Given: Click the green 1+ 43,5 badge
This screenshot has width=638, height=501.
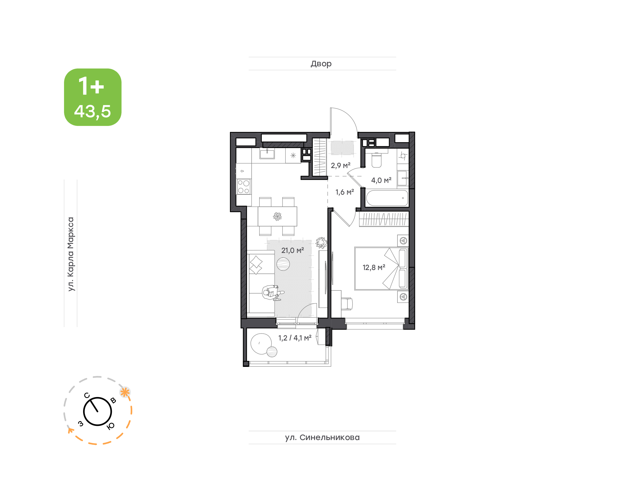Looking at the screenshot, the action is [x=93, y=97].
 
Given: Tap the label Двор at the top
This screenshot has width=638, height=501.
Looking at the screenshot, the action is [x=321, y=64].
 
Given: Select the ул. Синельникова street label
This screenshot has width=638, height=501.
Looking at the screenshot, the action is [x=322, y=437].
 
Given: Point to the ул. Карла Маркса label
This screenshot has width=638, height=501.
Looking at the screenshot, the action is [x=71, y=254].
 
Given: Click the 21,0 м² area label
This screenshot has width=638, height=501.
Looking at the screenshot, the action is [x=292, y=250].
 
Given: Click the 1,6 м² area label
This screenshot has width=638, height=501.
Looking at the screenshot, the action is [x=345, y=192].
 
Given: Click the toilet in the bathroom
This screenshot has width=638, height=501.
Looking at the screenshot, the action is [x=376, y=160].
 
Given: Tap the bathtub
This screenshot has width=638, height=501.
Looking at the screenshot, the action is [x=387, y=198].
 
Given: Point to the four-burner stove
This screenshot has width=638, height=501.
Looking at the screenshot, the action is [x=243, y=187].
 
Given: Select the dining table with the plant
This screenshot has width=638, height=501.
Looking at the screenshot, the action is [x=277, y=217].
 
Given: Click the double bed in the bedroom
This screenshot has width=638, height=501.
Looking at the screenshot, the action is [x=381, y=268].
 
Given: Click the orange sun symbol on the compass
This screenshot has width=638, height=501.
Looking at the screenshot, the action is [x=125, y=392].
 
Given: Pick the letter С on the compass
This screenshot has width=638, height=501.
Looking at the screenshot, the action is [x=87, y=395].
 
